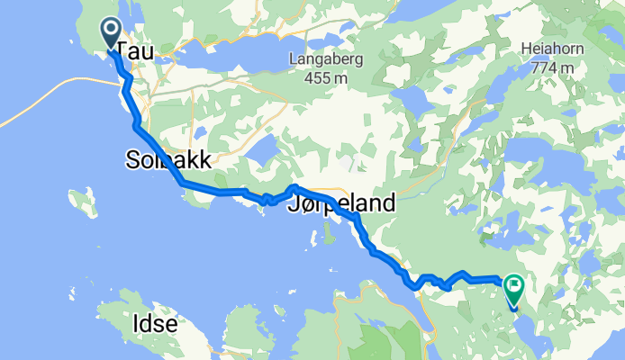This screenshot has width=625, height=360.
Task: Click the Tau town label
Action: [x=135, y=53]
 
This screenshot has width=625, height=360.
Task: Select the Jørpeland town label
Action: [x=340, y=204]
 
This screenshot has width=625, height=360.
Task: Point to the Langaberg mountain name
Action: [x=319, y=60]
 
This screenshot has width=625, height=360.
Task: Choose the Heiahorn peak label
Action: [x=551, y=50]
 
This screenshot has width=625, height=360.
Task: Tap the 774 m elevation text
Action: [x=551, y=67]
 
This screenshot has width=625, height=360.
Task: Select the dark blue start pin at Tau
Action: [x=111, y=34]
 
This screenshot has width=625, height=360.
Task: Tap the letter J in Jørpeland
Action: [x=290, y=204]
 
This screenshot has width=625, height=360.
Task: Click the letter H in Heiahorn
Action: [x=526, y=50]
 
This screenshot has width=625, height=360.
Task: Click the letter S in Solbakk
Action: [x=131, y=161]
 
